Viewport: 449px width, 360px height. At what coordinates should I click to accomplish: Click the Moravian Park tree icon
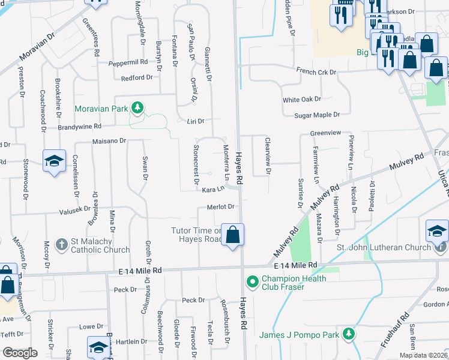[x=138, y=108]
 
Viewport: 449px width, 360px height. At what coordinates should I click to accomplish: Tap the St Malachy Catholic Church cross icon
[x=61, y=244]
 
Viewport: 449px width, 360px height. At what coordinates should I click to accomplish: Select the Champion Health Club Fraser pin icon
[x=252, y=281]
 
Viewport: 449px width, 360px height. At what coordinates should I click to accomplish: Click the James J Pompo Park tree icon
[x=348, y=334]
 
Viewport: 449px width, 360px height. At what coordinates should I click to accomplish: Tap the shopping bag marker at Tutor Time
[x=232, y=235]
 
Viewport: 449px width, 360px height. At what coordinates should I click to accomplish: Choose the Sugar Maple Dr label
[x=317, y=115]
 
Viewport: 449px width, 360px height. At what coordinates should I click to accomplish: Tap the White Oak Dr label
[x=302, y=99]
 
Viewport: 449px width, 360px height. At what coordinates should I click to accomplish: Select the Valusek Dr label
[x=74, y=210]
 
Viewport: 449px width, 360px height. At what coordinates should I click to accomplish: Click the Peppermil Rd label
[x=128, y=62]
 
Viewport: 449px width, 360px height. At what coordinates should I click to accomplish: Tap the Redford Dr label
[x=137, y=78]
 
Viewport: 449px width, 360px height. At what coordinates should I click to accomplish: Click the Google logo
[x=20, y=353]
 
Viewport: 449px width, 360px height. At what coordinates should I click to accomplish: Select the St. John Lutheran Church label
[x=384, y=247]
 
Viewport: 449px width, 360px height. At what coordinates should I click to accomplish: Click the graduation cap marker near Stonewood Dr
[x=54, y=161]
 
